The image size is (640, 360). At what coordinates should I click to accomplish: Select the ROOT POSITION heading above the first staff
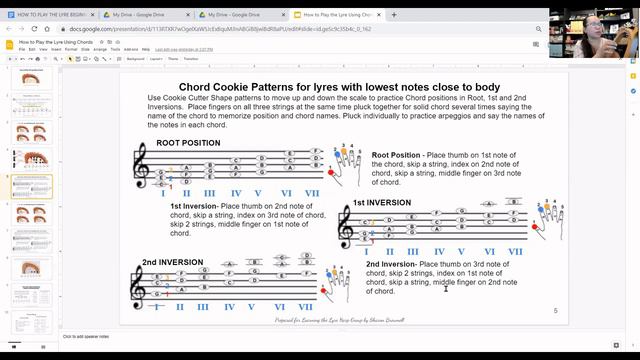click(x=188, y=143)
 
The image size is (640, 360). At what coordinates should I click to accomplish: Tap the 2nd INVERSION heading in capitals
click(x=172, y=262)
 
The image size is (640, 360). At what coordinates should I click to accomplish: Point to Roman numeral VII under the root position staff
click(x=312, y=193)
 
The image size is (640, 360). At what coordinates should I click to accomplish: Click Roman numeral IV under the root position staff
click(x=236, y=193)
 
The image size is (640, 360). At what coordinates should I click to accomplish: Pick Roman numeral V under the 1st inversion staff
click(x=461, y=252)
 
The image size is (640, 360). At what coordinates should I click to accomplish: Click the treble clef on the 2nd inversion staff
click(x=138, y=288)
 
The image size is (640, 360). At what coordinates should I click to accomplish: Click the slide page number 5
click(x=555, y=311)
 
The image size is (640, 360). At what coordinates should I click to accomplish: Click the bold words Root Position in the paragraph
click(x=396, y=155)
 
